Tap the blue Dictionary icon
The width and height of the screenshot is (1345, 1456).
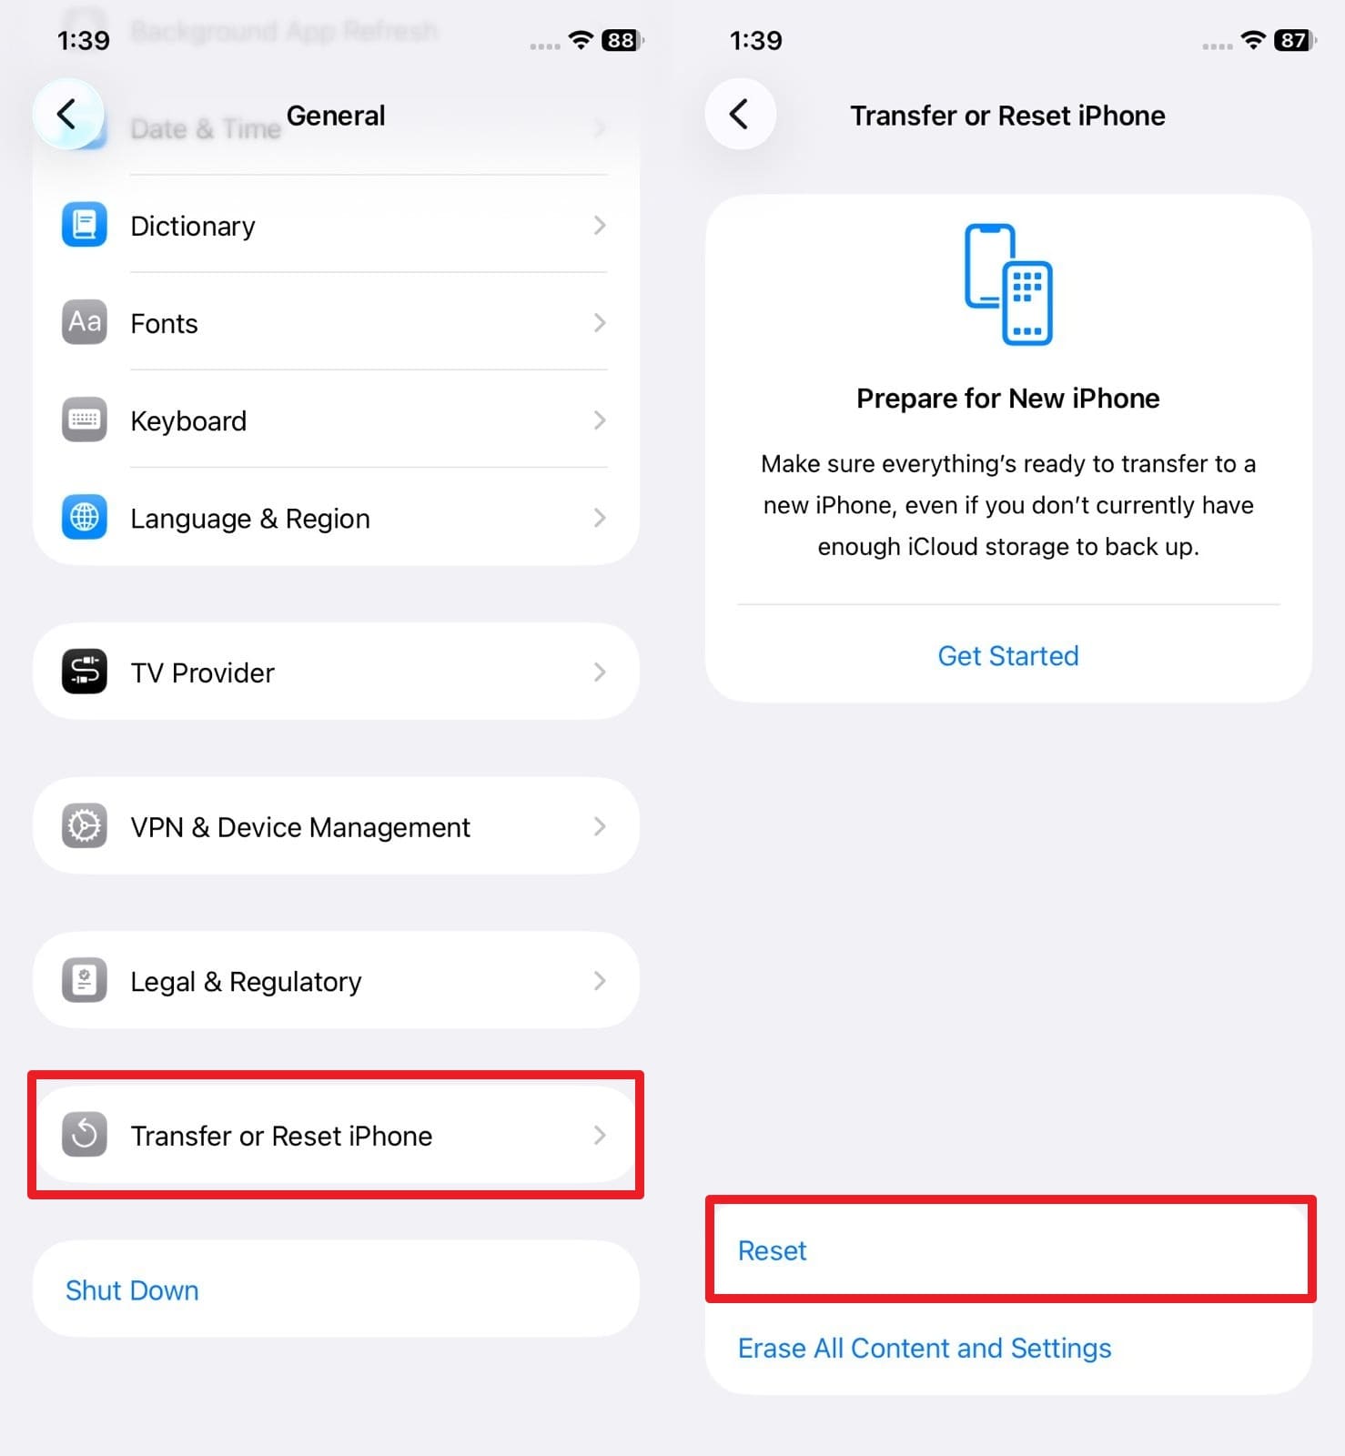click(x=84, y=225)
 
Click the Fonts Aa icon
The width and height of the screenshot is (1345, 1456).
click(x=84, y=322)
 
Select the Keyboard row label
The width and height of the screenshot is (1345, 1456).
click(x=188, y=420)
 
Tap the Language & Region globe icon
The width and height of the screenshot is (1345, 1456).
click(x=84, y=517)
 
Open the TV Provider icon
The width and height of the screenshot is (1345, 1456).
click(x=84, y=672)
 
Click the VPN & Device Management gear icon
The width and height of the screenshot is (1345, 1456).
click(x=84, y=826)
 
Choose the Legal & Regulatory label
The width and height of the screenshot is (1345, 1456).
click(x=246, y=981)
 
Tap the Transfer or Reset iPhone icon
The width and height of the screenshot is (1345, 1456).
click(x=84, y=1135)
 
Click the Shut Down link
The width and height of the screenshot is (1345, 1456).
click(x=132, y=1289)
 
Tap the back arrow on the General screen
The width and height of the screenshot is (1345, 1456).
click(x=67, y=115)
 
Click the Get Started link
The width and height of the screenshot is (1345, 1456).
click(x=1007, y=655)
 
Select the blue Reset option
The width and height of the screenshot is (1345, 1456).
click(x=772, y=1250)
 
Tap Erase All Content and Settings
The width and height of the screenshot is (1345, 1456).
click(x=924, y=1348)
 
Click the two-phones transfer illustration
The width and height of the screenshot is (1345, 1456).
click(x=1008, y=284)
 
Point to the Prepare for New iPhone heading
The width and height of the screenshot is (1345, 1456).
click(x=1007, y=398)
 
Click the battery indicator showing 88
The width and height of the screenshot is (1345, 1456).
click(x=622, y=40)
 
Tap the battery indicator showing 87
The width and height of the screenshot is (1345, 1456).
click(x=1294, y=40)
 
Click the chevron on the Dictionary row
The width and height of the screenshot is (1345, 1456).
click(x=599, y=225)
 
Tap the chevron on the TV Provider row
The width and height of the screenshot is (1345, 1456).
click(x=599, y=672)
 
